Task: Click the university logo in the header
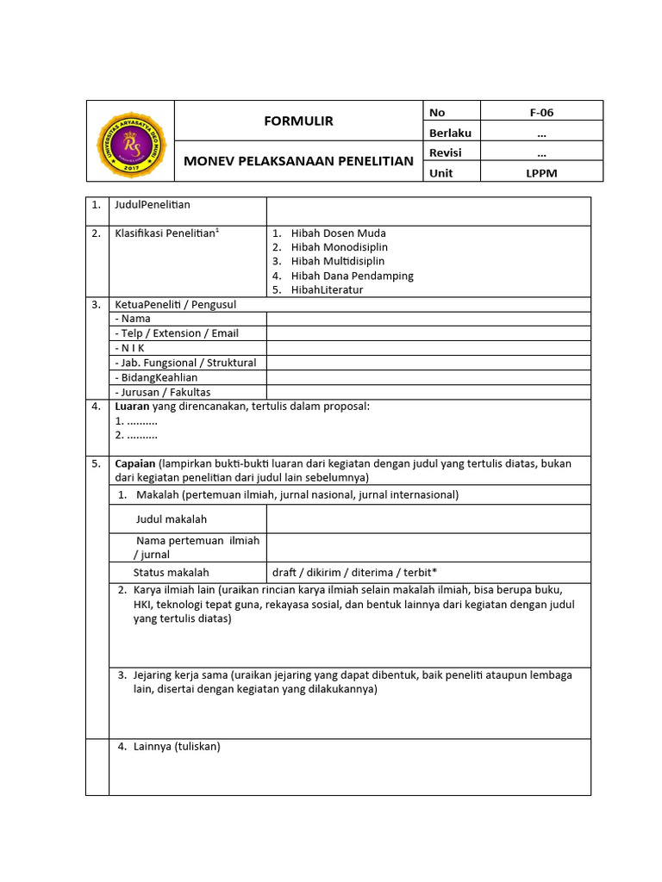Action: coord(129,141)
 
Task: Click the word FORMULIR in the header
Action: coord(298,121)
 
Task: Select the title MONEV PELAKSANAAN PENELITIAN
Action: coord(298,161)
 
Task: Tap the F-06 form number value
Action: coord(540,112)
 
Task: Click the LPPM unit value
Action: coord(540,173)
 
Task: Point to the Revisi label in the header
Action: coord(446,152)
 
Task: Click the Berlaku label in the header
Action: coord(450,133)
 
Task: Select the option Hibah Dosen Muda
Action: coord(338,233)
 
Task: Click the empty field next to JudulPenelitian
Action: coord(428,211)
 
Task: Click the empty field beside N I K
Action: coord(428,348)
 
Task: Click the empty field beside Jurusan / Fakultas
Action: coord(428,392)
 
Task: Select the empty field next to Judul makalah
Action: coord(428,519)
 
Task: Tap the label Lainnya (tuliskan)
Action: coord(177,747)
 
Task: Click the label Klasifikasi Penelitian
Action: coord(165,233)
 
